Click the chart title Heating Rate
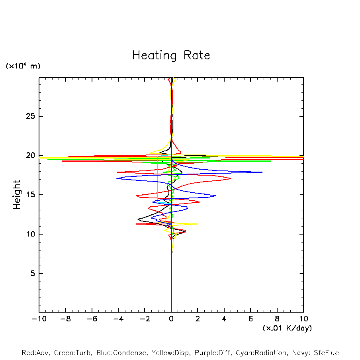pos(171,55)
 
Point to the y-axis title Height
pos(17,195)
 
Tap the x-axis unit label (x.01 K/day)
pos(287,328)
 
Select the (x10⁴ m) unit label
pos(23,66)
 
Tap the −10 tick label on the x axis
pos(38,319)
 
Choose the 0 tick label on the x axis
pos(171,319)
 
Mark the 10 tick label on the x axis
pos(303,319)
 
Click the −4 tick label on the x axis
pos(118,319)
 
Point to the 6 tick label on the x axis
pos(250,319)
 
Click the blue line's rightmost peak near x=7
pos(262,172)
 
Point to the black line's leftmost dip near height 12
pos(138,219)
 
